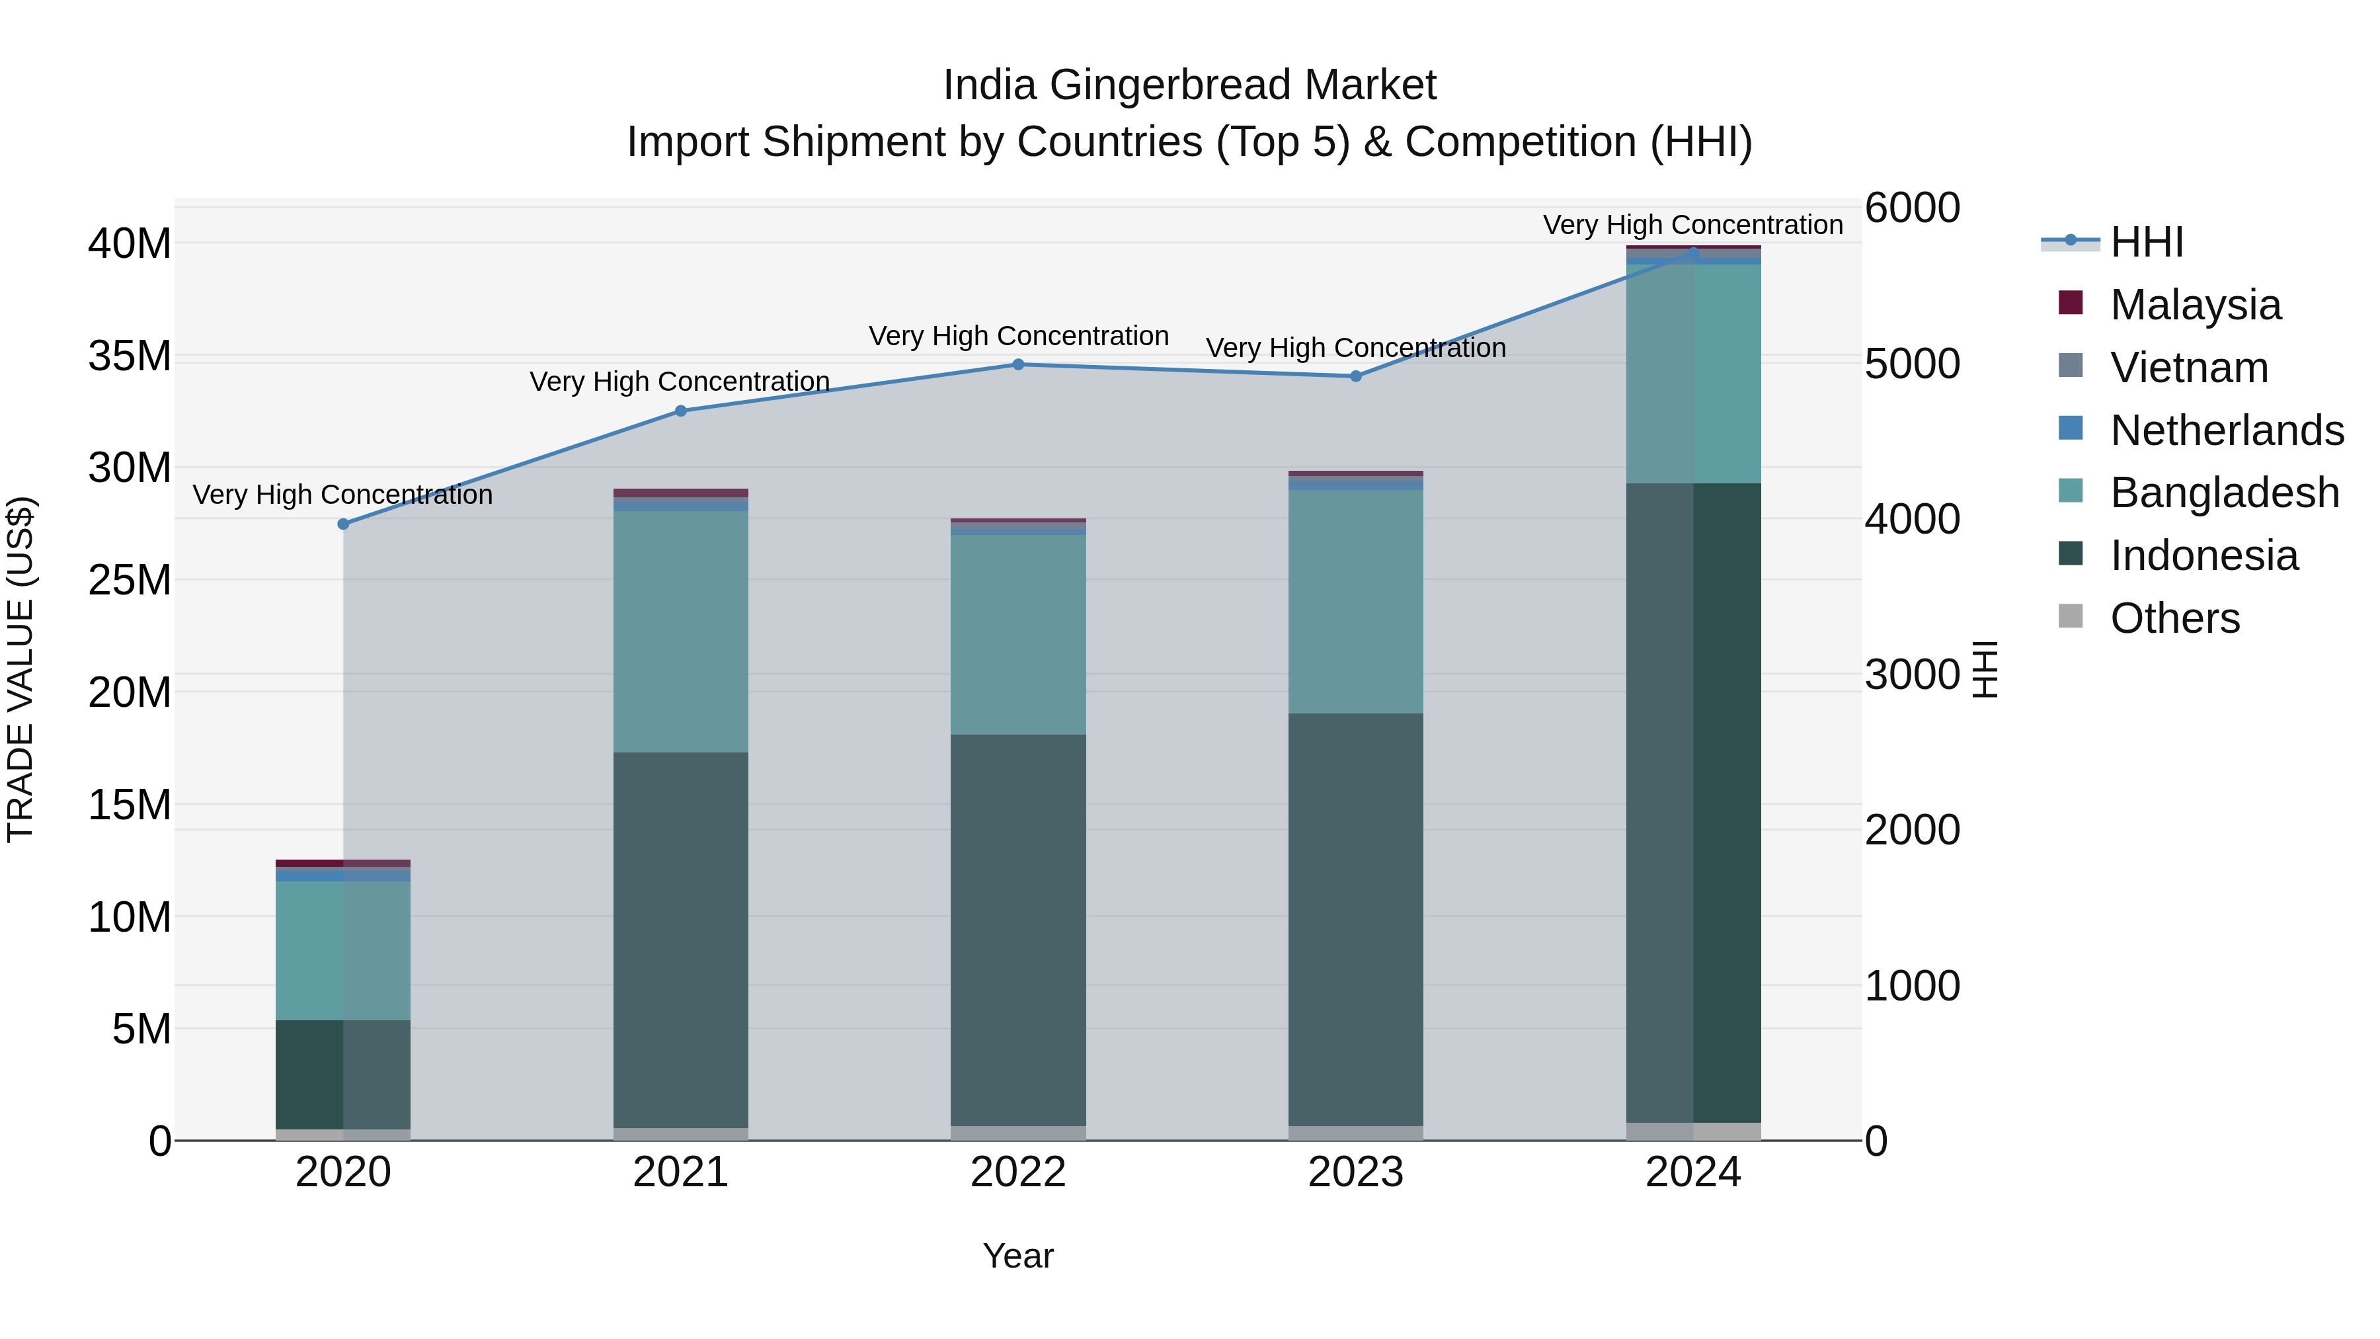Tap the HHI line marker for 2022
1018,364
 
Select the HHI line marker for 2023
1355,376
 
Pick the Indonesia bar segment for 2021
681,939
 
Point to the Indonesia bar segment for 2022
1018,930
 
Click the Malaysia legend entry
2194,305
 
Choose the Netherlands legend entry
2227,430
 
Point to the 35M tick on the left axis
130,356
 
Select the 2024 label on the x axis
1692,1172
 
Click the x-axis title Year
1017,1256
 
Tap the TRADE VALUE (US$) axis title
21,669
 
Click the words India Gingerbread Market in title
1189,85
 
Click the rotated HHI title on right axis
1985,669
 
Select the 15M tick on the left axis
130,805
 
